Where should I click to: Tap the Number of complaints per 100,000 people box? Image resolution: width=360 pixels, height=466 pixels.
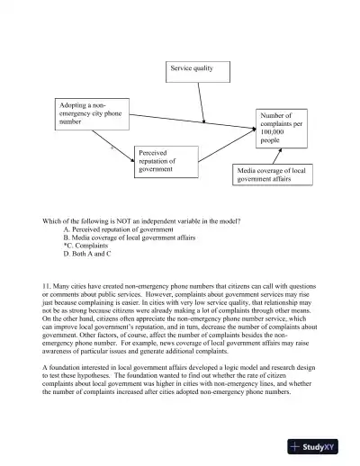click(283, 128)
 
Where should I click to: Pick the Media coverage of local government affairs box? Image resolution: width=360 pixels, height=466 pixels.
click(274, 175)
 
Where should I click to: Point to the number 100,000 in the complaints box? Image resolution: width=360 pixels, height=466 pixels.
click(274, 132)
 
